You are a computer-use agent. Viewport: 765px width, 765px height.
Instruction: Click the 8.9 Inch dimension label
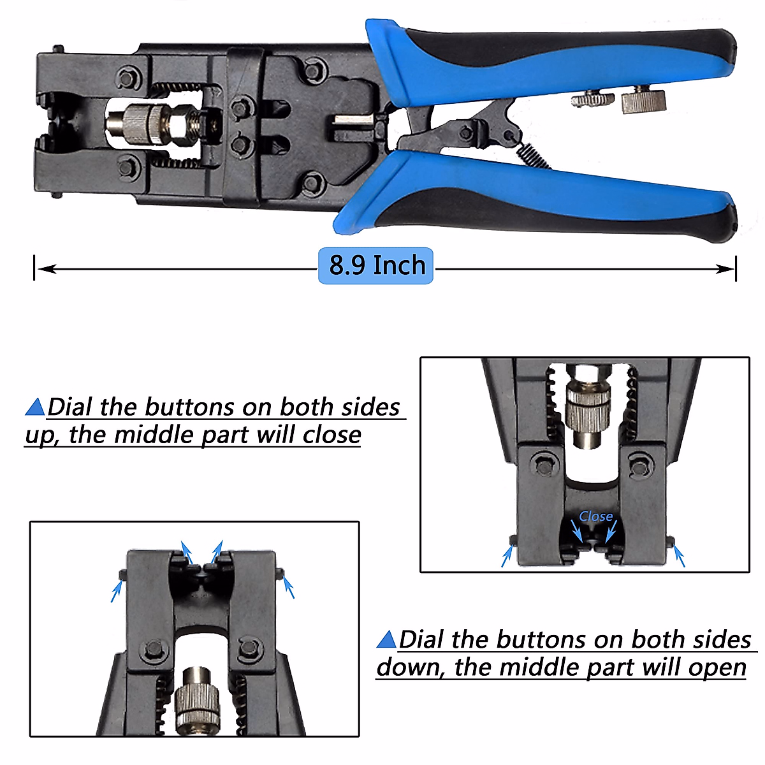coord(375,265)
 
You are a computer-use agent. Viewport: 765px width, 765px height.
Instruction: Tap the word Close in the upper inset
coord(595,516)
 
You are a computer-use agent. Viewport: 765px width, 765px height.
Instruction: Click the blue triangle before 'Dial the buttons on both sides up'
coord(35,407)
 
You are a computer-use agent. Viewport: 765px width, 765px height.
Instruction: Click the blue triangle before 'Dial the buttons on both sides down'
coord(387,639)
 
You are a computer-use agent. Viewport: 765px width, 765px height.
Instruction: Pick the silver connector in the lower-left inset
coord(197,698)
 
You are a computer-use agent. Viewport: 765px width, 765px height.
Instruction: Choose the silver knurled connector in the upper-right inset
coord(588,408)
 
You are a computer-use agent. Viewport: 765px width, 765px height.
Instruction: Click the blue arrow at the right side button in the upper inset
coord(680,557)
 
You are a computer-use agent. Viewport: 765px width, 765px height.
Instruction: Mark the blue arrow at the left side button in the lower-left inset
coord(117,590)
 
